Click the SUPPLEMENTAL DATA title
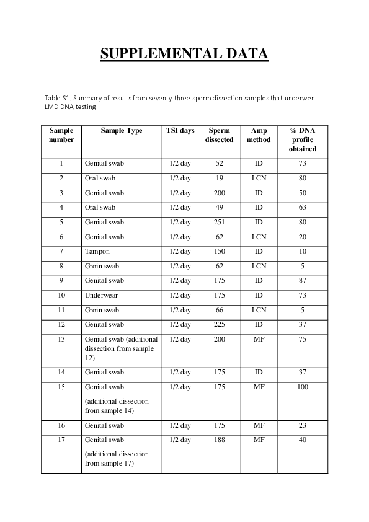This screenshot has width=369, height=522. pos(184,54)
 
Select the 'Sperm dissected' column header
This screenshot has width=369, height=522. pos(219,135)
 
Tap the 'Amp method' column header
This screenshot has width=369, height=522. pos(259,135)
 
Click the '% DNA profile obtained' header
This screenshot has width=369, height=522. pos(302,139)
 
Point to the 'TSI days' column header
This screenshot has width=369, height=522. pos(180,131)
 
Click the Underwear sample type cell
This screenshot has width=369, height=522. pos(101,295)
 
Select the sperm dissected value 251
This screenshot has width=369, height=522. pos(219,222)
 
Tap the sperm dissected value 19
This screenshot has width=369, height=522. pos(219,179)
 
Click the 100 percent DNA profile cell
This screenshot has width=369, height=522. pos(302,387)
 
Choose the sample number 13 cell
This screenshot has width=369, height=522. pos(61,339)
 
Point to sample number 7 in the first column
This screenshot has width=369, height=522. pos(61,252)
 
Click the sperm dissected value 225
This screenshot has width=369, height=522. pos(219,324)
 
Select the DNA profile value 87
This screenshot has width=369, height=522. pos(302,281)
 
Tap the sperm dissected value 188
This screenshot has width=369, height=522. pos(219,440)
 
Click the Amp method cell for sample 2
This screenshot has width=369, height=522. pos(259,179)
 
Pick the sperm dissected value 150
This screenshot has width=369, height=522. pos(219,252)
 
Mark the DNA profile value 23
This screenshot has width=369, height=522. pos(302,425)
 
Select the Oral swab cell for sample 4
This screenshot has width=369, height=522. pos(100,208)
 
